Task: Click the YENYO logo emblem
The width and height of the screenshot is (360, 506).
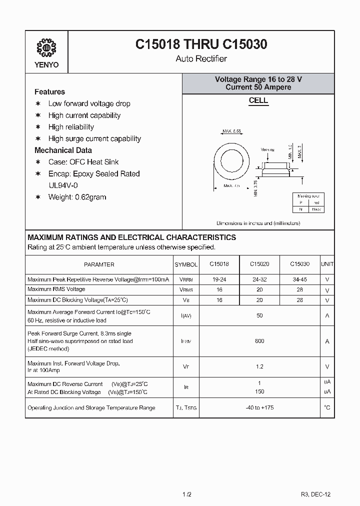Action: click(47, 48)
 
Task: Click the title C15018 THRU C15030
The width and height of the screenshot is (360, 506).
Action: click(201, 44)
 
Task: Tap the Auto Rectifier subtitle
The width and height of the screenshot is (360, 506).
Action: click(201, 59)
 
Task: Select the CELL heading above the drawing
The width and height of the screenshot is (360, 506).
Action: click(258, 100)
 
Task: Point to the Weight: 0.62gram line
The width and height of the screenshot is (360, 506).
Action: click(77, 197)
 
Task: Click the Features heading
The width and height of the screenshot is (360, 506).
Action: click(49, 92)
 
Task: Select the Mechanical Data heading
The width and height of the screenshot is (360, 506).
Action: click(63, 150)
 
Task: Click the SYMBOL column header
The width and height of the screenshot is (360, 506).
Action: click(186, 264)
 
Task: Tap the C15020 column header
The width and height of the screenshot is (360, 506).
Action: click(259, 264)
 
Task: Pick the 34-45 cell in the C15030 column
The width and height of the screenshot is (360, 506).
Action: click(300, 279)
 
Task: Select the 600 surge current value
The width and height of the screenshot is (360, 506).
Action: click(259, 341)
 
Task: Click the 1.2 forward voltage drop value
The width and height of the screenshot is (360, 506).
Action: click(259, 366)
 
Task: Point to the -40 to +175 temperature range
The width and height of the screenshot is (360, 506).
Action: click(259, 407)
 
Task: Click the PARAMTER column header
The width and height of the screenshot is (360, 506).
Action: click(99, 264)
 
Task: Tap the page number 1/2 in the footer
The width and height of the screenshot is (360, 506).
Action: click(186, 494)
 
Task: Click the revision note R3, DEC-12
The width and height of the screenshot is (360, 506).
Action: click(315, 494)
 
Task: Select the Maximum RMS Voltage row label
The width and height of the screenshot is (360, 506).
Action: click(56, 289)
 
